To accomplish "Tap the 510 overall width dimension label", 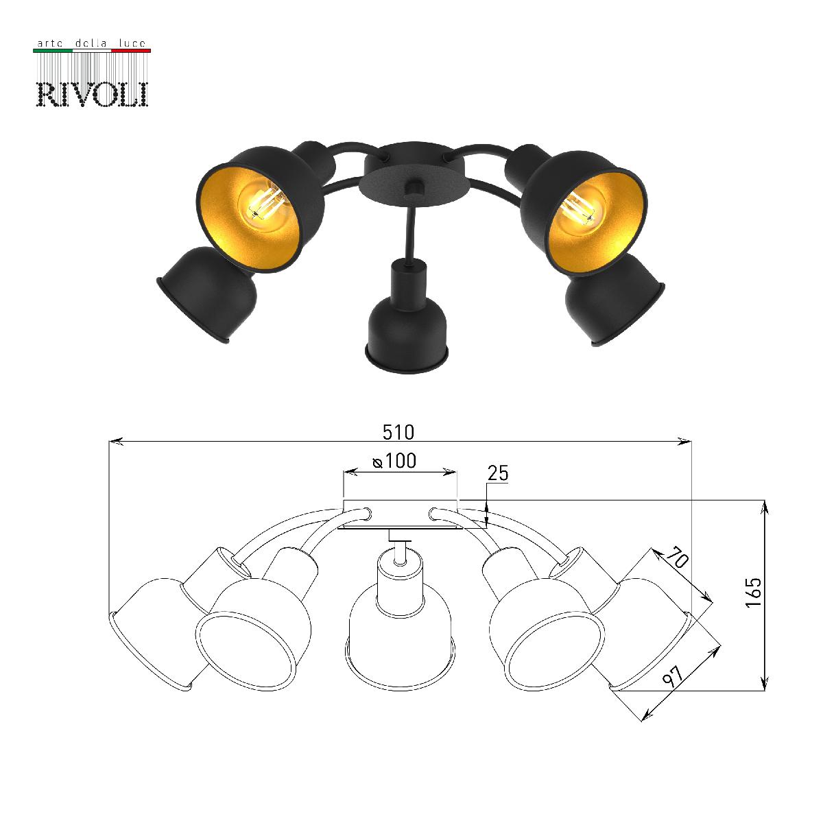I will [398, 433].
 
